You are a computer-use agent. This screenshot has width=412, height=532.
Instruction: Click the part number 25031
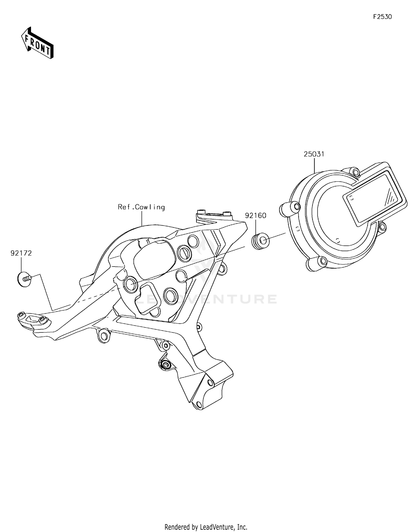point(314,154)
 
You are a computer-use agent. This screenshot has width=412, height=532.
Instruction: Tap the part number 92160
point(255,215)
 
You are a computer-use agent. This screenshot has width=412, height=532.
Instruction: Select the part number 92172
point(21,253)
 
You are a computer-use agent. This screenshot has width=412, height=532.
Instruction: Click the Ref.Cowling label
point(141,207)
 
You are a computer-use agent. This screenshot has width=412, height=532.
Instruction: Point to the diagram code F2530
point(382,17)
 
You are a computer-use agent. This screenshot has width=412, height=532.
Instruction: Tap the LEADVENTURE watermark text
point(206,299)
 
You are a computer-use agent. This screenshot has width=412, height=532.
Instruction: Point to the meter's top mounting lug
point(355,172)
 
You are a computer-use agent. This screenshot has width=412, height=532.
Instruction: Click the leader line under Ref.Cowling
point(142,219)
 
